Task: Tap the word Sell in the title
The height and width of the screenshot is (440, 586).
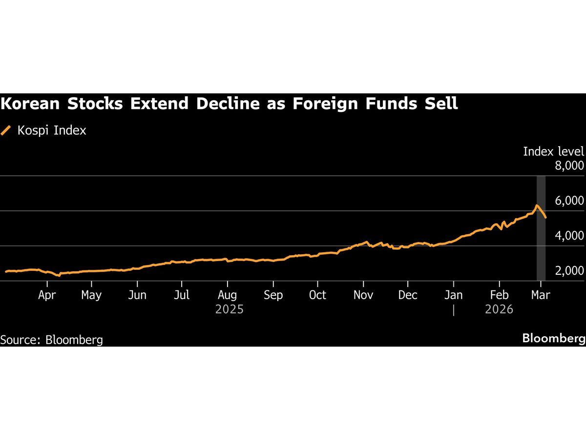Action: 442,104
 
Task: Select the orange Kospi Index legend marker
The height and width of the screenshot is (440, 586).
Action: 6,131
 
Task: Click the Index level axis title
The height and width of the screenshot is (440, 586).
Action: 553,152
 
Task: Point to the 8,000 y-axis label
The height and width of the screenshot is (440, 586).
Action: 569,166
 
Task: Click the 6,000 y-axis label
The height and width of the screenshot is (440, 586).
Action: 569,201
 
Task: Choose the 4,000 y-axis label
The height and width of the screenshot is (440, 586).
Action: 569,236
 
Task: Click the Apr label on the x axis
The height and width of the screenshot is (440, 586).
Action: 47,295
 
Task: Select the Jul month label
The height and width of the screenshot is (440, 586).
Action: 182,295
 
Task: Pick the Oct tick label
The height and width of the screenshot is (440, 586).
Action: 317,295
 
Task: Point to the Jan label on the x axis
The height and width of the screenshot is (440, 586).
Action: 454,295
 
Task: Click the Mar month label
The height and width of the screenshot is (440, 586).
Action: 541,295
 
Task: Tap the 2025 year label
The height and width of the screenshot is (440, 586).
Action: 229,309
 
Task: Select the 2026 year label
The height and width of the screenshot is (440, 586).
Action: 499,309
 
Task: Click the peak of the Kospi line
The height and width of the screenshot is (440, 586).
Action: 537,205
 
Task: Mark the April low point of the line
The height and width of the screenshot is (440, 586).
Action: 59,276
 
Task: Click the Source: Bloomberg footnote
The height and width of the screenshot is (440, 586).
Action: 52,339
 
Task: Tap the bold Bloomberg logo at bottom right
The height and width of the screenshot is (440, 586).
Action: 553,338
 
